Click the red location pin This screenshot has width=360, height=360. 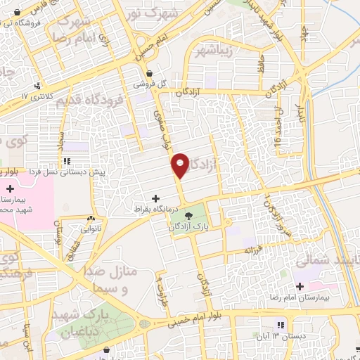click(x=181, y=165)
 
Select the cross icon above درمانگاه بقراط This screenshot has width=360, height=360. click(x=155, y=198)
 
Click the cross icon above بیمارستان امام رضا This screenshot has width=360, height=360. click(x=300, y=286)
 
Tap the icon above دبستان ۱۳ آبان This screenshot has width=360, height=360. click(x=280, y=325)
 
